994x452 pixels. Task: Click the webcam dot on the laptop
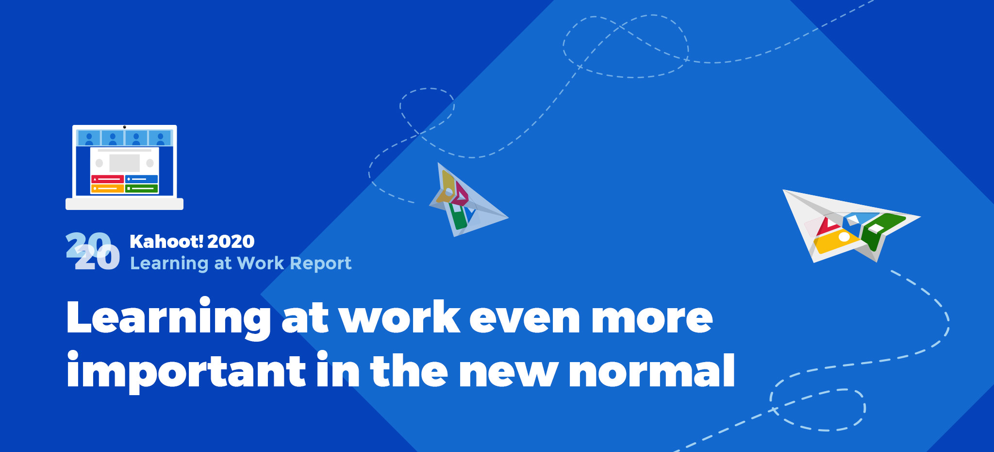click(x=125, y=127)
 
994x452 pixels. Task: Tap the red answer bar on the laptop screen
click(x=107, y=179)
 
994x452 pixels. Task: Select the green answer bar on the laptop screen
click(x=142, y=188)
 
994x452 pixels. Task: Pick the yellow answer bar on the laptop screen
click(x=107, y=188)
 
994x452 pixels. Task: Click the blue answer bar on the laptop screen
click(x=142, y=179)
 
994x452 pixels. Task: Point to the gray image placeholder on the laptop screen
click(x=125, y=163)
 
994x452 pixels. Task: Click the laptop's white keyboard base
click(x=125, y=204)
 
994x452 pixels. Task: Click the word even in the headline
click(x=525, y=318)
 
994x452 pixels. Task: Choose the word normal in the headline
click(x=652, y=371)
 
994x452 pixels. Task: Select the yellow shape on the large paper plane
click(x=838, y=241)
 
